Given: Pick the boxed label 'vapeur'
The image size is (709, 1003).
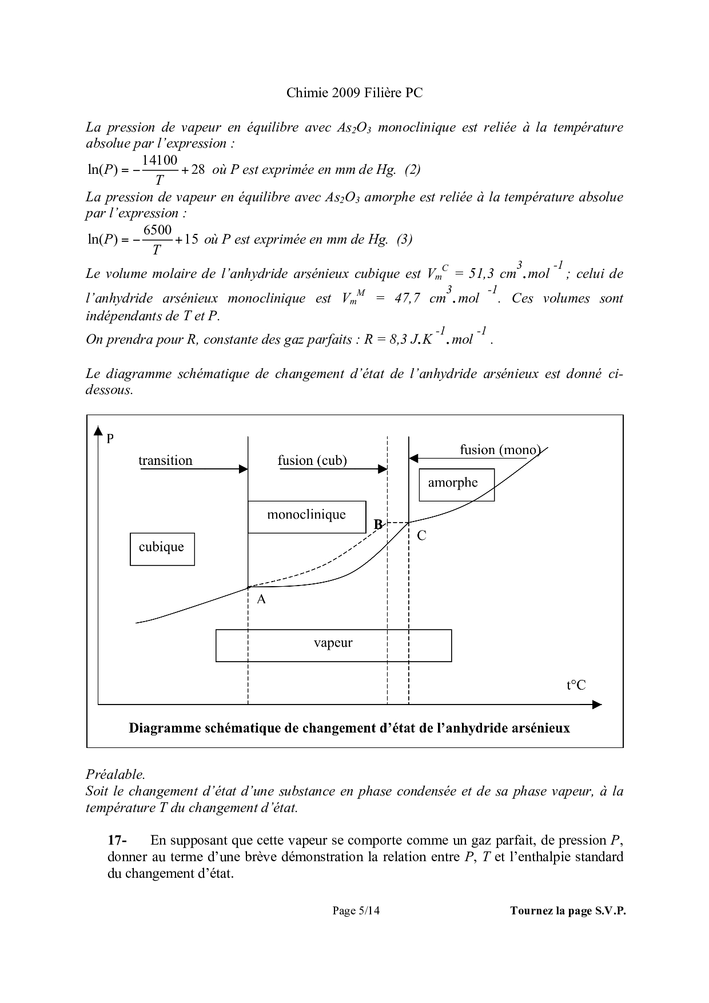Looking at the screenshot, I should pos(333,644).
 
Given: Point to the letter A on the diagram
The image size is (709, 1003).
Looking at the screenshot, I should pos(261,599).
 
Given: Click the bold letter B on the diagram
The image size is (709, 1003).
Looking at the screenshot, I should pos(378,524).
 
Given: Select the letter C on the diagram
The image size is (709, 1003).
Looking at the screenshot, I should pos(421,536).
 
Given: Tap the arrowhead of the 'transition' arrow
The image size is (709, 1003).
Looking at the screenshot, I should pos(244,469).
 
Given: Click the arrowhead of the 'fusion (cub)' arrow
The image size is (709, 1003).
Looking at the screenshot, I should pos(383,469).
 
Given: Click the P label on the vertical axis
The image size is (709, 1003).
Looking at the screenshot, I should pos(110,439).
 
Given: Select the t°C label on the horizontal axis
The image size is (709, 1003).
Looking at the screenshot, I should pos(576,685).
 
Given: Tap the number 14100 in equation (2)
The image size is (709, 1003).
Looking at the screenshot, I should pos(160,161).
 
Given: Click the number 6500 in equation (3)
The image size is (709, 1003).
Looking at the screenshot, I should pos(157,230).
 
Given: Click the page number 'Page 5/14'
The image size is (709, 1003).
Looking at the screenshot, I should pos(356,911).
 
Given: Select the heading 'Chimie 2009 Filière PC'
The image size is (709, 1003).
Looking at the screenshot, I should pos(354,93).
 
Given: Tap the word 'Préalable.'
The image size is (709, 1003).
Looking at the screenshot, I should pos(115,774).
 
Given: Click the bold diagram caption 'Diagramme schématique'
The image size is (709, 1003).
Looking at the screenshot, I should pos(349,728).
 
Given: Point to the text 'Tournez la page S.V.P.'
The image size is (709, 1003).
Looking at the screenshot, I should pos(568,911).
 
